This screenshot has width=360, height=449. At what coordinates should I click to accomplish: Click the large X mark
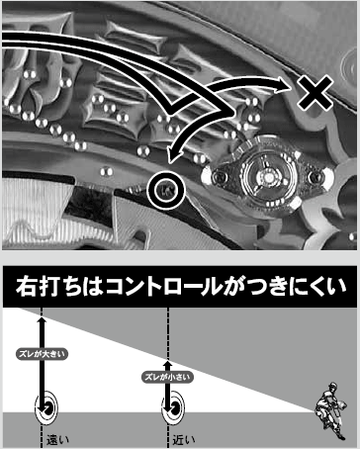[315, 93]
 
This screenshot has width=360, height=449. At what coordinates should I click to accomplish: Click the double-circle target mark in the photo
[166, 190]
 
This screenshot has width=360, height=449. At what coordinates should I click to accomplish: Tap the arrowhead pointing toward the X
[285, 84]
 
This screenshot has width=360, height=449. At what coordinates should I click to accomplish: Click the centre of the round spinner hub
[269, 178]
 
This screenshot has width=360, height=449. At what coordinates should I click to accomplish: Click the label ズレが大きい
[42, 354]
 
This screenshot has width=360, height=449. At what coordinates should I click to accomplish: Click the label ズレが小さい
[167, 377]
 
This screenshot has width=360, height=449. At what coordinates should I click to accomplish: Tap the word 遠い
[57, 440]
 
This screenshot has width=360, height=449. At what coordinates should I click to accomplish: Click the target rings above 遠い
[46, 408]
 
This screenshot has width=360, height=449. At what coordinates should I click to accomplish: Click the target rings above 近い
[173, 408]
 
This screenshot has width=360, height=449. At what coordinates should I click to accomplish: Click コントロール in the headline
[163, 287]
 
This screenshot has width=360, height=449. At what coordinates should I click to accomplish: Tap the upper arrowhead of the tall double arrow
[42, 322]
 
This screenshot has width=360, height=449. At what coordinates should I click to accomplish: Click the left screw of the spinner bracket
[219, 177]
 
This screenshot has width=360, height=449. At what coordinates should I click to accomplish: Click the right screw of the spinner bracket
[315, 177]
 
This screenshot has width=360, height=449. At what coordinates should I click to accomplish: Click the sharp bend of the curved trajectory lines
[230, 113]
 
